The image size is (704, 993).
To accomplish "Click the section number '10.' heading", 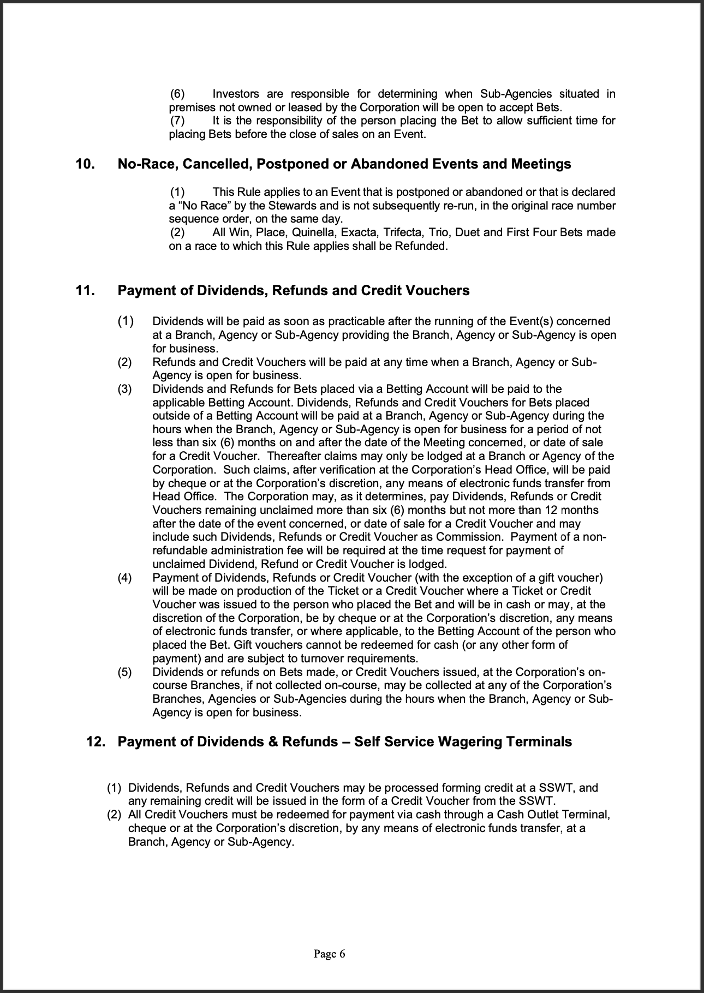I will (x=85, y=164).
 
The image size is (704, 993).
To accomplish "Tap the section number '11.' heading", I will (x=85, y=290).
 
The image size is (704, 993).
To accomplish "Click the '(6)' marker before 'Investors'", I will (x=178, y=94).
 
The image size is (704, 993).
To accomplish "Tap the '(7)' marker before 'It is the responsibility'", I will (x=178, y=121).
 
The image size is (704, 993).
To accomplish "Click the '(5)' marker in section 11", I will (x=124, y=672).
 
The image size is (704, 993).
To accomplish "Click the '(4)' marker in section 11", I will (x=124, y=578).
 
